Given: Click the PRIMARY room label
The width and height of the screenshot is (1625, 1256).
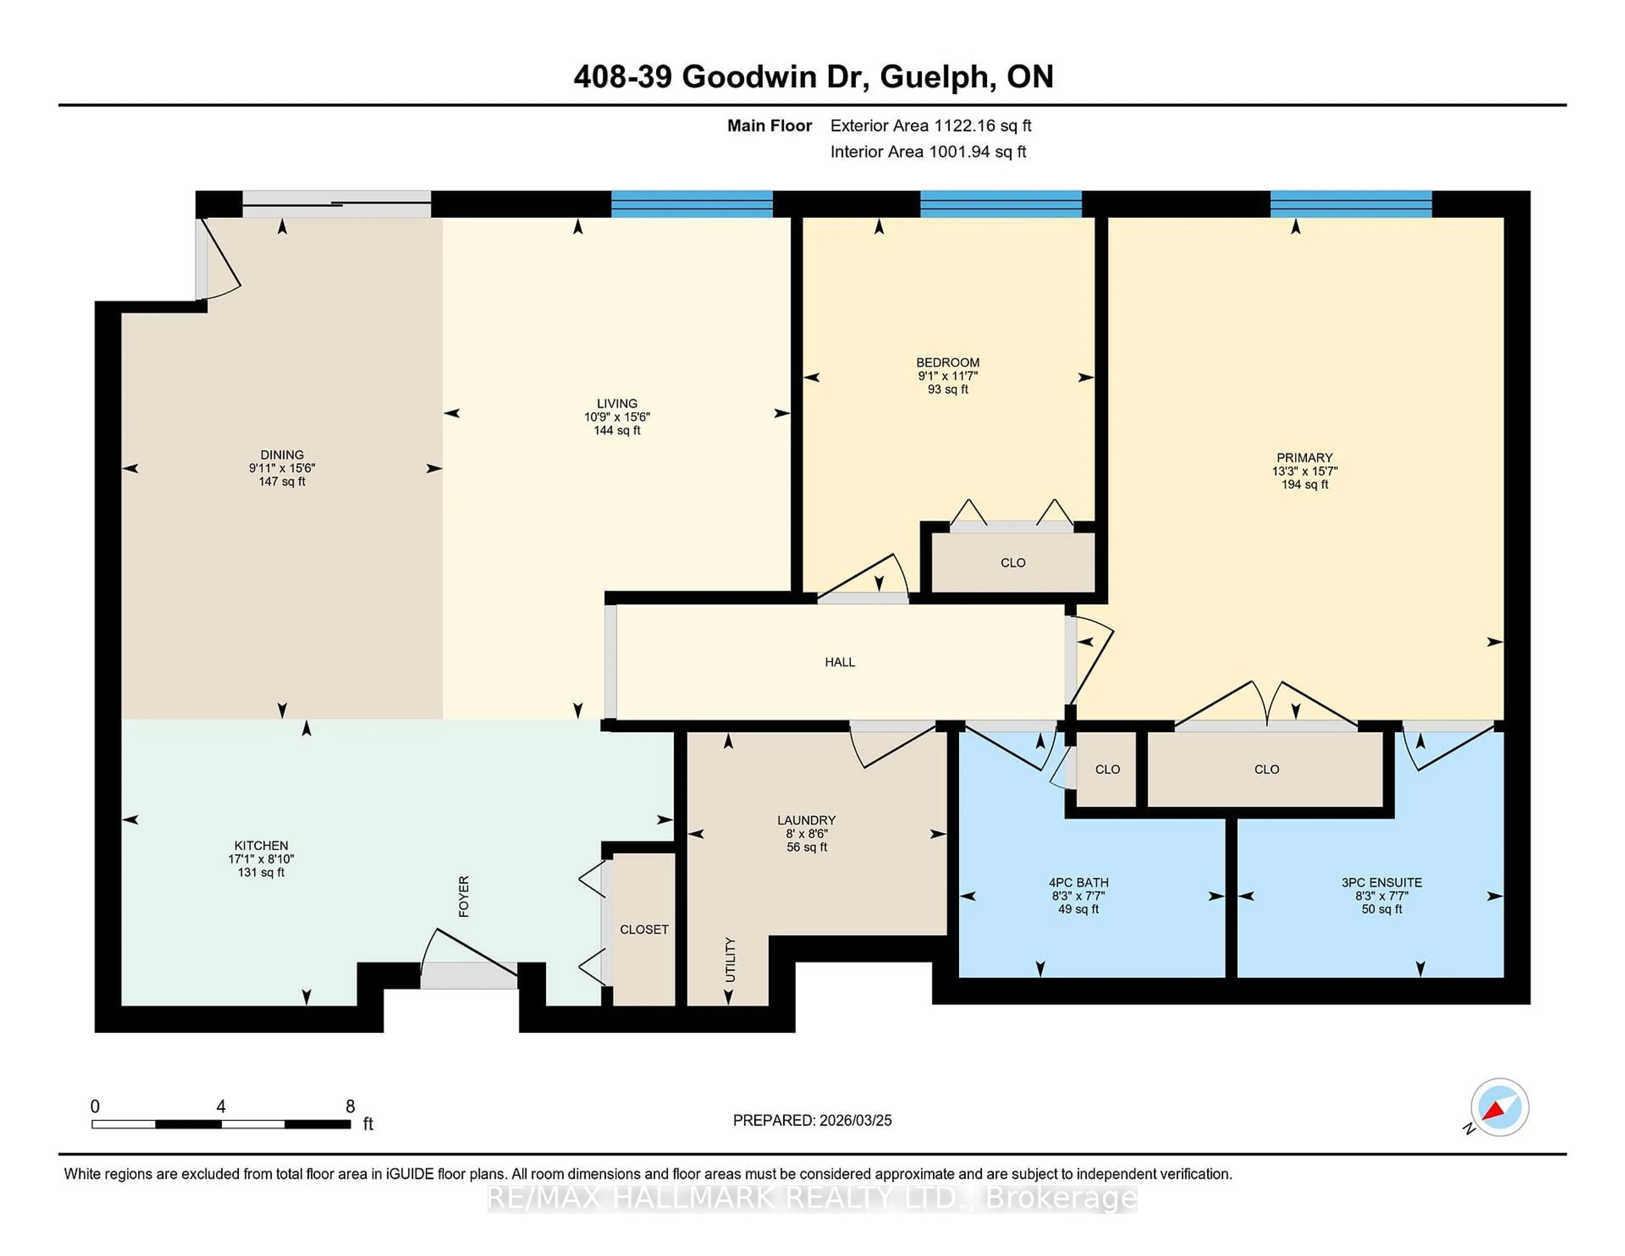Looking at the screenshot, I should pyautogui.click(x=1304, y=457).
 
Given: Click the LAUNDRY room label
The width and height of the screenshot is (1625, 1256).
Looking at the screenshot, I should pyautogui.click(x=807, y=820).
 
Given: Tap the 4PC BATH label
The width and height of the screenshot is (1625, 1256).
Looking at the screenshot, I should pyautogui.click(x=1078, y=882).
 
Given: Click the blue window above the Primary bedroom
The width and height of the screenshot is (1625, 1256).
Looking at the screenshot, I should pyautogui.click(x=1350, y=204).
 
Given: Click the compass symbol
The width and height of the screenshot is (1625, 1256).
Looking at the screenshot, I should pyautogui.click(x=1499, y=1107).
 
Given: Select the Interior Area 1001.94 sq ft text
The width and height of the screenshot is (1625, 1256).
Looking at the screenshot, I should pyautogui.click(x=928, y=152).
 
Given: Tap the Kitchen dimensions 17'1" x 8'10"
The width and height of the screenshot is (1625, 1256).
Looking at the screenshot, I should pyautogui.click(x=261, y=859).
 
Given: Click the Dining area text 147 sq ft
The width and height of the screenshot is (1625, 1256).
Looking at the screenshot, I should pyautogui.click(x=282, y=482).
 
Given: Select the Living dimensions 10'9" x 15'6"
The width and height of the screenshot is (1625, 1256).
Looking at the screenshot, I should pyautogui.click(x=617, y=417).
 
